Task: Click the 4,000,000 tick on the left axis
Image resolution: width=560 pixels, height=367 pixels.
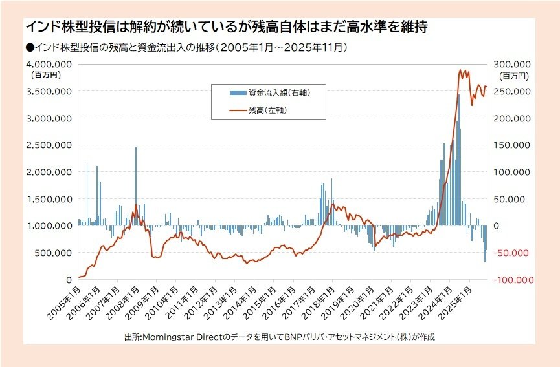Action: coord(49,65)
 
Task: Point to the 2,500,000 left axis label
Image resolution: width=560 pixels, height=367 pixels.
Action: coord(49,145)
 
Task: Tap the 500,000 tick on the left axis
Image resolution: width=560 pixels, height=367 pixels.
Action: coord(54,253)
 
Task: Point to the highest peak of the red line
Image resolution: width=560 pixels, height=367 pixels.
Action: coord(460,70)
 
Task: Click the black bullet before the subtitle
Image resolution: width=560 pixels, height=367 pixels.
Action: coord(30,47)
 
